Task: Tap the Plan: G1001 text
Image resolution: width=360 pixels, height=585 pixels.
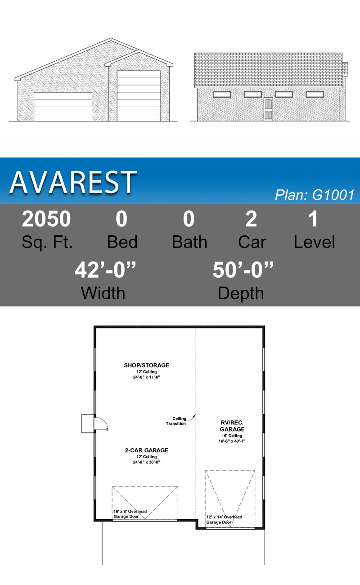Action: (x=315, y=195)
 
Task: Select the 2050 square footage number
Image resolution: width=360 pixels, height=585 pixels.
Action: (x=46, y=219)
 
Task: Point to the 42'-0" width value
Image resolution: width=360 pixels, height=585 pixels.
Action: (x=105, y=270)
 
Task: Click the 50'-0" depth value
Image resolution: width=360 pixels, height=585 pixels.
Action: (x=243, y=270)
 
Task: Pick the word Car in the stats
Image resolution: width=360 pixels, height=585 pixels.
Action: (x=252, y=242)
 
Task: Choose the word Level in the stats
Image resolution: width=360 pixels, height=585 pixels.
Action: (x=314, y=242)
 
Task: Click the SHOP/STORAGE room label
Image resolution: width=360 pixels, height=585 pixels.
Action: (x=147, y=365)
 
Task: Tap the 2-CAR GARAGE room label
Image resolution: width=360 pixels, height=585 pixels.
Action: (x=147, y=450)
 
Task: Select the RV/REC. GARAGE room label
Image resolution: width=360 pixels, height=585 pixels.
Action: (x=232, y=426)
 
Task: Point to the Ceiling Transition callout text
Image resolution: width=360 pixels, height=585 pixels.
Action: (x=176, y=421)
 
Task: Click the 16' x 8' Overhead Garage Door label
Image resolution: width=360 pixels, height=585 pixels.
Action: (x=130, y=514)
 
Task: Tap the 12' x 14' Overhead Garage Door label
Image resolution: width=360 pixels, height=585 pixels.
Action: (x=224, y=519)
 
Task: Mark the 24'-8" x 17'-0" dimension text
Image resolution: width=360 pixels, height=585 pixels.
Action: (x=147, y=377)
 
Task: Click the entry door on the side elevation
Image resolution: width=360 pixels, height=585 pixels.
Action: (x=268, y=109)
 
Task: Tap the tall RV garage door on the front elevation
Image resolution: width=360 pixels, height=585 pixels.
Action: (x=139, y=96)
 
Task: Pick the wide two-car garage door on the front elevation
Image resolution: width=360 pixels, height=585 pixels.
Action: (x=63, y=107)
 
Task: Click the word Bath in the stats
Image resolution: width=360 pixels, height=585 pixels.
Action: (x=189, y=242)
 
